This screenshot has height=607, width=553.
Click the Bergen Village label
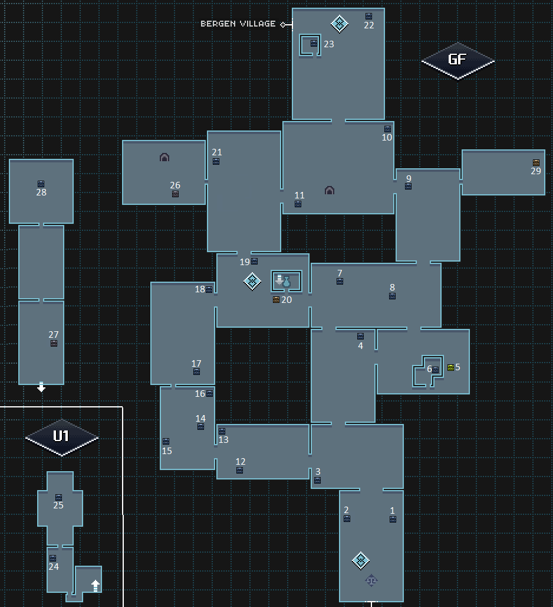tap(238, 24)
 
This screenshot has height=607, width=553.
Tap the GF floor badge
tap(457, 60)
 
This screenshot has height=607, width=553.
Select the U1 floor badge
tap(61, 437)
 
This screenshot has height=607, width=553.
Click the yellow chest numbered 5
tap(450, 367)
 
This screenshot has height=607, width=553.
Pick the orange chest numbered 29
tap(536, 162)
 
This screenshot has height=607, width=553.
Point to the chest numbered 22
tap(368, 16)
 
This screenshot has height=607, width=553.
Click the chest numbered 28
tap(41, 184)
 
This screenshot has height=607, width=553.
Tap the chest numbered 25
tap(58, 497)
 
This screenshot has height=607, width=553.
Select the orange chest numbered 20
tap(276, 299)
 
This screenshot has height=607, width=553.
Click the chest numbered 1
tap(393, 519)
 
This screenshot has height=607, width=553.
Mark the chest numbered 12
tap(239, 470)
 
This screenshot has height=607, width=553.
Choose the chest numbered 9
tap(408, 186)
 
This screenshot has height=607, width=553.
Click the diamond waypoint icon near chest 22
tap(340, 24)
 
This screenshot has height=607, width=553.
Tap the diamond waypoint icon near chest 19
tap(252, 281)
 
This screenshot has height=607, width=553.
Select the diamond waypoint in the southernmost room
tap(361, 560)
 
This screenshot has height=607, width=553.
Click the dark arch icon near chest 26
tap(164, 158)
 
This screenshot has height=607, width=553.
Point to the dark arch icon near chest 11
tap(330, 191)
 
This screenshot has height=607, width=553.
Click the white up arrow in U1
tap(96, 585)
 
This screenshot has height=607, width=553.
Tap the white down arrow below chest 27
tap(41, 387)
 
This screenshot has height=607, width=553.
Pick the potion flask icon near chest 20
tap(287, 282)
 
